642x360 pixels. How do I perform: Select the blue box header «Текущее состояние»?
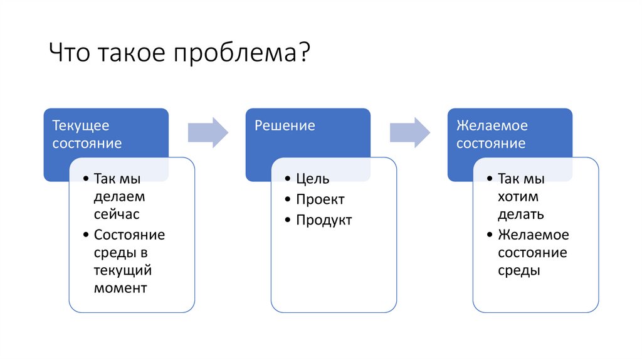pos(87,134)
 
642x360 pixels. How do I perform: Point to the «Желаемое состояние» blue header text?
pos(492,134)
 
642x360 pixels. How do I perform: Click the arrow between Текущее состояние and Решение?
pos(208,132)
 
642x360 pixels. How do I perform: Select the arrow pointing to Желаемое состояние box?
pos(410,132)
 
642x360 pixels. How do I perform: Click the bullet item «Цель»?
pos(312,179)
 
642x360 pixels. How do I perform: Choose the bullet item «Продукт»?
pos(324,220)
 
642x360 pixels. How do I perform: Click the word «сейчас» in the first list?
pos(116,214)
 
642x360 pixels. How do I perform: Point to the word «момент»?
pos(120,289)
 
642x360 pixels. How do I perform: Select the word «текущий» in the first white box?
pos(123,271)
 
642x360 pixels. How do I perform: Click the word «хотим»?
pos(518,197)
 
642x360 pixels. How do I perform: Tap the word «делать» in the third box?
pos(520,214)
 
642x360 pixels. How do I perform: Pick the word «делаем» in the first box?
pos(119,196)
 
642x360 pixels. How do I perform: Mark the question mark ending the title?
pos(305,53)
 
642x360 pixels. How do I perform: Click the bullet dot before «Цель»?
pos(287,179)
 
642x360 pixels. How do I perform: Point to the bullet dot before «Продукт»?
pos(287,221)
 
